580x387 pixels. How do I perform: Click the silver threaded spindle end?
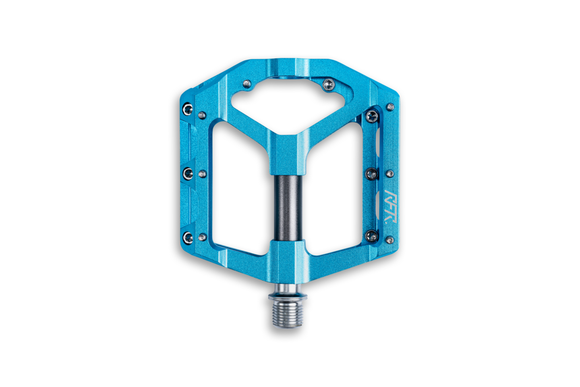pyautogui.click(x=288, y=314)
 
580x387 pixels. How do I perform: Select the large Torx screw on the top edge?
pyautogui.click(x=328, y=84)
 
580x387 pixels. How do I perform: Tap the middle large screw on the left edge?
pyautogui.click(x=188, y=174)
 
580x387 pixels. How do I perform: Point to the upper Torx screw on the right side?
pyautogui.click(x=371, y=117)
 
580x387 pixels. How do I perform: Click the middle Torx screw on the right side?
pyautogui.click(x=371, y=174)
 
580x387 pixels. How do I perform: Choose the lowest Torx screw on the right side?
pyautogui.click(x=371, y=235)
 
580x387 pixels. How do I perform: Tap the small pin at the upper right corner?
pyautogui.click(x=390, y=107)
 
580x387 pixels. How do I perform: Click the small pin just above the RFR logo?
pyautogui.click(x=389, y=174)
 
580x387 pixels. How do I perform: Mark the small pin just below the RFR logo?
pyautogui.click(x=389, y=240)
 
